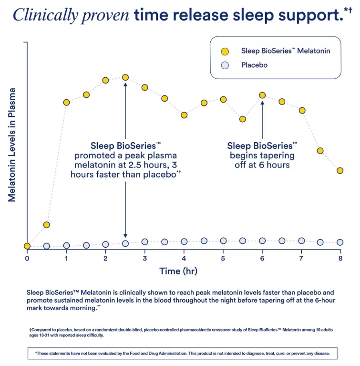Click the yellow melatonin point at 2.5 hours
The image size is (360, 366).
[125, 77]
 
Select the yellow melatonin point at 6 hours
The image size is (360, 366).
[262, 95]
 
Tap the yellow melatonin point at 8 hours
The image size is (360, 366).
[340, 170]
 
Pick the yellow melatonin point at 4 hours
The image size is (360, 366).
[185, 115]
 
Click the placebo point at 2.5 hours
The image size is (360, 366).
[125, 243]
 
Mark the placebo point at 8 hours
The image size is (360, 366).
[340, 242]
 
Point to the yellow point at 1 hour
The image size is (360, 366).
[67, 103]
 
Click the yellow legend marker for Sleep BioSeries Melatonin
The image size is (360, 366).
[225, 51]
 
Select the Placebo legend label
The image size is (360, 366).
[254, 65]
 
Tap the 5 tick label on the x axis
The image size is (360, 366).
[223, 258]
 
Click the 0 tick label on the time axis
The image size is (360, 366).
[27, 258]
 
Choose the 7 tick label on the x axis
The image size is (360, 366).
[301, 258]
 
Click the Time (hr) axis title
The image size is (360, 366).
[178, 272]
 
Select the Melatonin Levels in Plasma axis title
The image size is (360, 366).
[12, 146]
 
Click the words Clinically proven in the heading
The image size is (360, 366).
[71, 15]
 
